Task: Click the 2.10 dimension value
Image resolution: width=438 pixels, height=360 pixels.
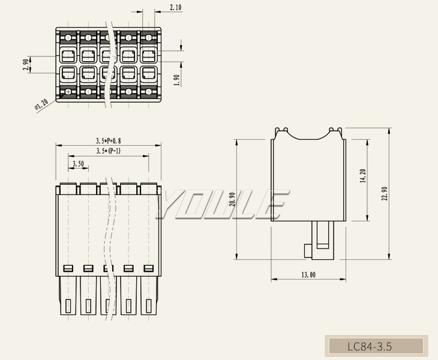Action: (176, 7)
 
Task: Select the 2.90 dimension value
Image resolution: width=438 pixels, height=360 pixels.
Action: (26, 65)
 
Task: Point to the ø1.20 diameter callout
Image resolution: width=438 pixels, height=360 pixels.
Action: (41, 106)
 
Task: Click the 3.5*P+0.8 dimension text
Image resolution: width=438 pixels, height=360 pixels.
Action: (109, 140)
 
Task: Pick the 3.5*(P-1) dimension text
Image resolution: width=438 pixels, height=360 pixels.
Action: (109, 151)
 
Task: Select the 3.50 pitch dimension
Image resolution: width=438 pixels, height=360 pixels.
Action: (78, 164)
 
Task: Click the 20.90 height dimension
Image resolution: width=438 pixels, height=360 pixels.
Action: (232, 199)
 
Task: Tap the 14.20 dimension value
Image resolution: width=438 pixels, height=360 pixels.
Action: (363, 176)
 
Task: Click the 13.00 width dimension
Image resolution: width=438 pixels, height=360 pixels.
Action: (308, 275)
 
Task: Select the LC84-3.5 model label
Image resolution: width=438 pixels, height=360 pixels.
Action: (370, 347)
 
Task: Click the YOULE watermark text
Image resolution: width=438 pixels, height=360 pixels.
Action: (222, 204)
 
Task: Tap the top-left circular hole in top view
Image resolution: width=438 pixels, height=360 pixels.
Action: (68, 37)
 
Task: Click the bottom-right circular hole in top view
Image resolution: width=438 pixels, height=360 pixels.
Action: (148, 92)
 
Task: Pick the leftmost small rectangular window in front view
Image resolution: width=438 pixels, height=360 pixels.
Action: (68, 268)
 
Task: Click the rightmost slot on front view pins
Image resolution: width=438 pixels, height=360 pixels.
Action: (148, 306)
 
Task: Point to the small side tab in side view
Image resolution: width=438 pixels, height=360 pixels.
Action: (308, 251)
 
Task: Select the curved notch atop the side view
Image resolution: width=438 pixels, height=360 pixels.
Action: (308, 137)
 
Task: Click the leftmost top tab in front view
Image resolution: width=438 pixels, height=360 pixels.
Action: (68, 189)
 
